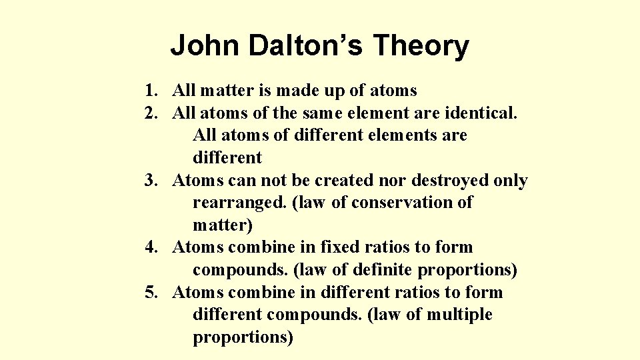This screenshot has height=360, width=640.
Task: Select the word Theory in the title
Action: click(421, 46)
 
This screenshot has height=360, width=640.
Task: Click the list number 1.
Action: click(151, 90)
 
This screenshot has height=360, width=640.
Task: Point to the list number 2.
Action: click(151, 113)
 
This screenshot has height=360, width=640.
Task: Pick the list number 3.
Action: click(151, 181)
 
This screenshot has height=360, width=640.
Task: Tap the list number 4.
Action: click(151, 247)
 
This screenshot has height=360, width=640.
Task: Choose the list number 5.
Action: click(151, 293)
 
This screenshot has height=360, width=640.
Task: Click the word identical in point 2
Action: click(481, 113)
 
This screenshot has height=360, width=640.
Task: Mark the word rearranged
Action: click(239, 203)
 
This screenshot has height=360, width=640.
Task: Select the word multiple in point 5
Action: click(459, 315)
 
